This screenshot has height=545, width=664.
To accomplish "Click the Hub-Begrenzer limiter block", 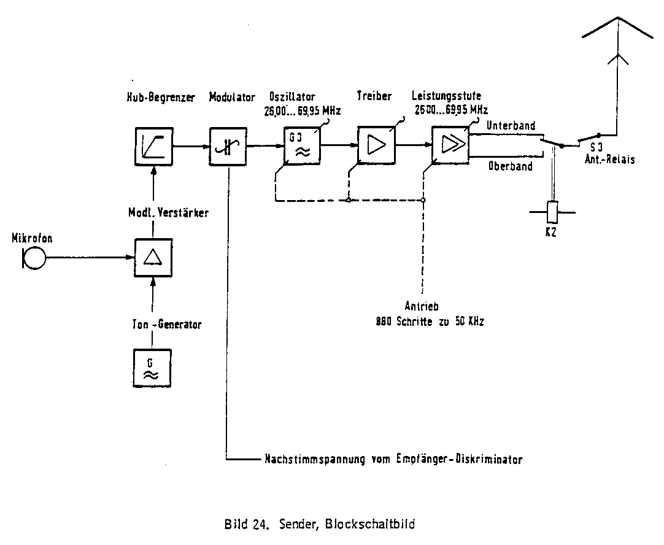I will click(153, 147).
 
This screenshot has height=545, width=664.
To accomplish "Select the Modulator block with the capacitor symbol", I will click(228, 147).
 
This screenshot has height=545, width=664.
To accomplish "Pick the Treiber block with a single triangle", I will click(376, 145).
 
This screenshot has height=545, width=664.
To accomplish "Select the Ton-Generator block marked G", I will click(153, 368).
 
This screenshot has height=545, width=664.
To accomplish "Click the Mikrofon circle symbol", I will click(34, 258).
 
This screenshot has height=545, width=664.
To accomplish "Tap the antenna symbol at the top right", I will click(617, 37).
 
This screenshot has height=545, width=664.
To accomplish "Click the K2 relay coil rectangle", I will click(553, 212).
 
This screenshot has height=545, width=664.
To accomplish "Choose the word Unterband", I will click(511, 125).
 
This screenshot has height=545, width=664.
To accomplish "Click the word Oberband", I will click(510, 166).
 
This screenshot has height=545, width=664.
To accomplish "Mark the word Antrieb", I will click(420, 307).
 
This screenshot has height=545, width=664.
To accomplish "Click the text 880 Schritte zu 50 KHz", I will click(430, 321).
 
